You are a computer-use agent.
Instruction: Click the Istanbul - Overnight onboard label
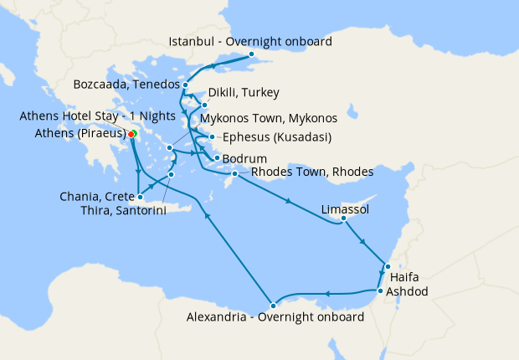[x=250, y=41]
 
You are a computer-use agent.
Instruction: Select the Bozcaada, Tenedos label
[x=126, y=85]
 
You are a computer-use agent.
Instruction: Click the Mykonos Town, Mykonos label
[x=269, y=118]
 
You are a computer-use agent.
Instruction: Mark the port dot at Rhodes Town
[x=235, y=173]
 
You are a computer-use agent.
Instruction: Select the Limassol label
[x=345, y=208]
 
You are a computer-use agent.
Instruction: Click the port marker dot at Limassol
[x=343, y=220]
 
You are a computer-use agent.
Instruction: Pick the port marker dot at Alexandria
[x=273, y=304]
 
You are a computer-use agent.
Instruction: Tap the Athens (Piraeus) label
[x=81, y=133]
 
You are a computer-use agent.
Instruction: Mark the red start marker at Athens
[x=131, y=133]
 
